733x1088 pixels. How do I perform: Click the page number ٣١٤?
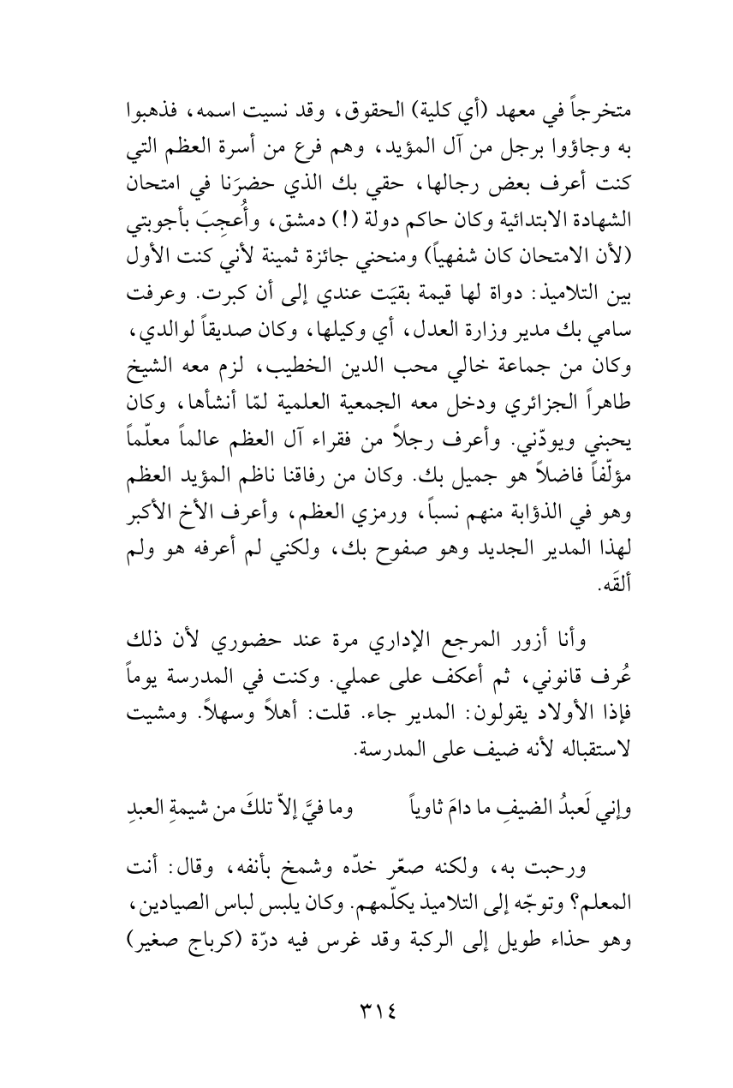366,1014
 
